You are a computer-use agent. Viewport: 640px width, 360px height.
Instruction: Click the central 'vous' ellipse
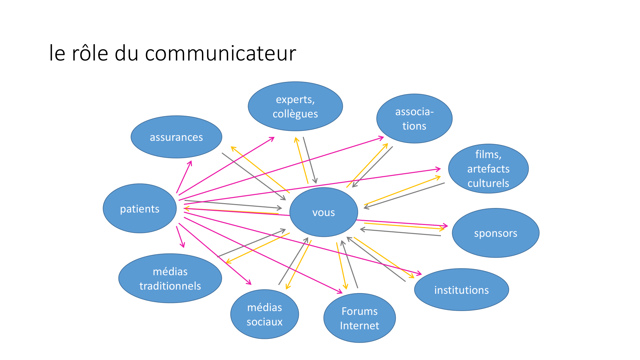click(x=324, y=212)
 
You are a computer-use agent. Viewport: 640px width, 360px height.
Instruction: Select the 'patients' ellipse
click(x=140, y=208)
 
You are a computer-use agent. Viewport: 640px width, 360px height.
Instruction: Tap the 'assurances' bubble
click(x=176, y=137)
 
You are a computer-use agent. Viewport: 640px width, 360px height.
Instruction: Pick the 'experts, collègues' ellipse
click(x=295, y=106)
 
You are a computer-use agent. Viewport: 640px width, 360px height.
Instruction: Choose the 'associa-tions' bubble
click(x=414, y=118)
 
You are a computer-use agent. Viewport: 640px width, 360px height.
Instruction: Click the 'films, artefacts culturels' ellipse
click(x=488, y=169)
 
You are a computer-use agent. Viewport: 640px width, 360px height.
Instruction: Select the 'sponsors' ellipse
click(x=495, y=233)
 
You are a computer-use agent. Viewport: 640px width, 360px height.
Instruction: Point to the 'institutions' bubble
click(x=461, y=290)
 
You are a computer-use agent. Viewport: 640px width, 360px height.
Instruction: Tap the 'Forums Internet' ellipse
click(x=359, y=318)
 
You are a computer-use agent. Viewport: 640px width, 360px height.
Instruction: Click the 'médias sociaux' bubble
click(x=264, y=314)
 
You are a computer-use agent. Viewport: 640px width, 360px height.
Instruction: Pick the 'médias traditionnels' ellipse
click(x=170, y=278)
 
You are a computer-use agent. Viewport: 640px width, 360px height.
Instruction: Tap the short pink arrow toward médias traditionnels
click(x=180, y=237)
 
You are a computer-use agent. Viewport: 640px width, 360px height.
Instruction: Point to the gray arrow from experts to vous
click(x=310, y=160)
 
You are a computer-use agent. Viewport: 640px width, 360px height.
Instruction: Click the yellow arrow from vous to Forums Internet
click(x=341, y=266)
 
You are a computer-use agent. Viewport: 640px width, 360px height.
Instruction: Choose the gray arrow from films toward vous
click(x=404, y=196)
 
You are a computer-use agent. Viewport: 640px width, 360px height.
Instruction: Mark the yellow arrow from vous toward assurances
click(x=260, y=170)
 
